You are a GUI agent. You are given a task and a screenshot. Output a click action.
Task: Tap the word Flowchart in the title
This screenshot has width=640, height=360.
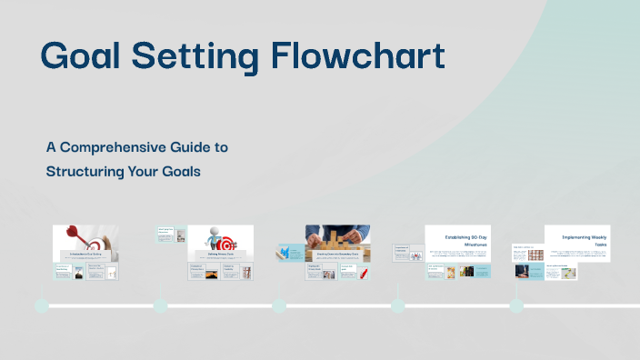pyautogui.click(x=359, y=55)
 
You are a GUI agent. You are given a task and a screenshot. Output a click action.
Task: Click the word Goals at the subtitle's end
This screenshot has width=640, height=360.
pyautogui.click(x=181, y=170)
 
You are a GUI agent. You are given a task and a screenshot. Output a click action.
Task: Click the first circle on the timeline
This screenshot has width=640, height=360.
pyautogui.click(x=41, y=305)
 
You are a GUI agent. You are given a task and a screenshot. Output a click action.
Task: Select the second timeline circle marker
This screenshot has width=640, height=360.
pyautogui.click(x=160, y=305)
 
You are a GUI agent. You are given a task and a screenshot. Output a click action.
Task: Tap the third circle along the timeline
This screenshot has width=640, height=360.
pyautogui.click(x=279, y=305)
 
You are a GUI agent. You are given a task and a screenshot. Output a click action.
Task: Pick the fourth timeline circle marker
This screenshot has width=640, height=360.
pyautogui.click(x=398, y=305)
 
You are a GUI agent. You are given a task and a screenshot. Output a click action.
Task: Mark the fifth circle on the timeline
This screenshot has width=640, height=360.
pyautogui.click(x=516, y=305)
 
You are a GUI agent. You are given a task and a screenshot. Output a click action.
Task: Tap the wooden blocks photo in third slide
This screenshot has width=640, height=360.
pyautogui.click(x=338, y=238)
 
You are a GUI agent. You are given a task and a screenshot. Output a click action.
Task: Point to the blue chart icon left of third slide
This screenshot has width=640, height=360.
pyautogui.click(x=285, y=252)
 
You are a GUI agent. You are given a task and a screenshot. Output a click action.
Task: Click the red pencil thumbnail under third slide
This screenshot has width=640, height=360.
pyautogui.click(x=363, y=273)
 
